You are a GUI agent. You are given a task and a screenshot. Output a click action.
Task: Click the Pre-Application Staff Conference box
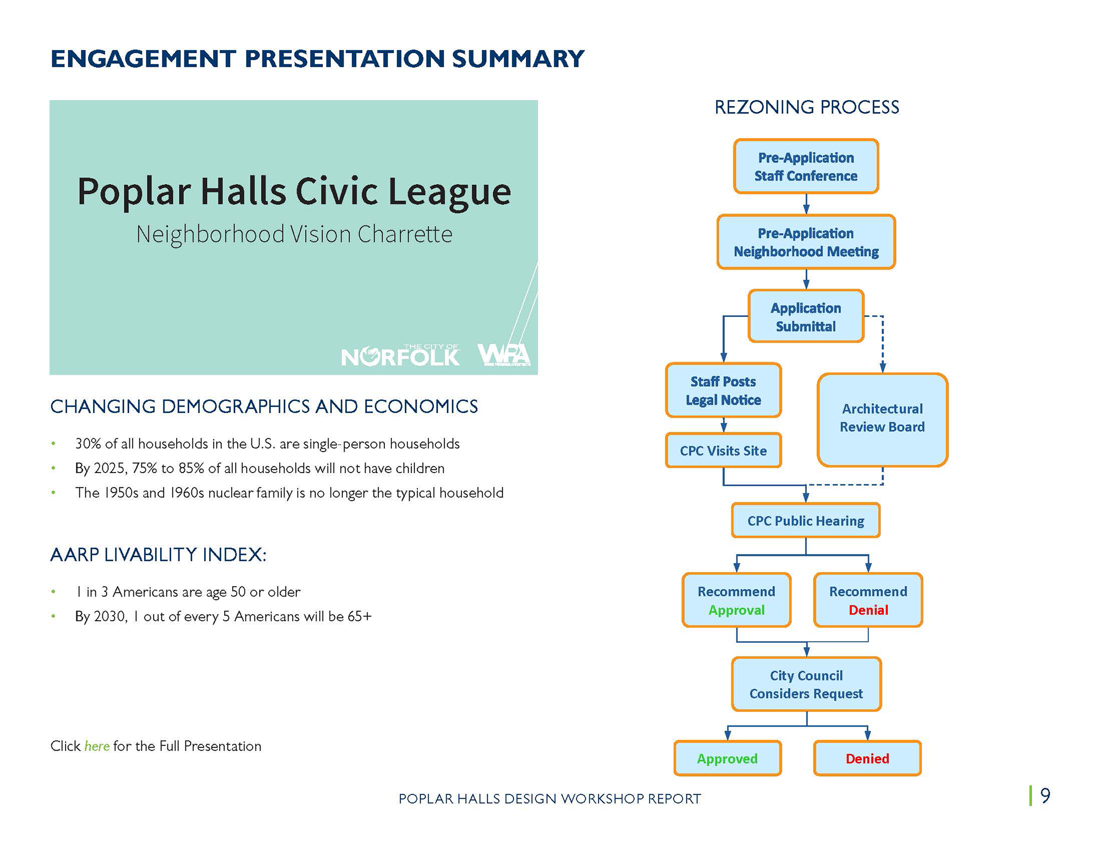point(805,166)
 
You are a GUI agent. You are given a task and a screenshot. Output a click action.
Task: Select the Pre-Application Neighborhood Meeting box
point(805,242)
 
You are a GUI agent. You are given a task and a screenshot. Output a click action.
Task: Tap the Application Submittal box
point(805,317)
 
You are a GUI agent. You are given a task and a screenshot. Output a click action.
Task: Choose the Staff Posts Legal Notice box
point(723,390)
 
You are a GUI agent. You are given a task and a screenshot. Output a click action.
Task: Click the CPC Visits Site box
point(723,451)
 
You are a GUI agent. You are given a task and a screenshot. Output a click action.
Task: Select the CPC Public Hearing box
point(805,521)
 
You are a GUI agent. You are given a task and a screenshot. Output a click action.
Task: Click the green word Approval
point(737,610)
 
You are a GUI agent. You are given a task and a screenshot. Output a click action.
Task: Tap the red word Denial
point(868,610)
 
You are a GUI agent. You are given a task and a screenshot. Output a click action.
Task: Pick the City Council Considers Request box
point(806,684)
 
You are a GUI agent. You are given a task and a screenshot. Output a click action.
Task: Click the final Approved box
point(727,758)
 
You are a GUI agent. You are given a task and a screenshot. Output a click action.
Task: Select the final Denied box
point(867,758)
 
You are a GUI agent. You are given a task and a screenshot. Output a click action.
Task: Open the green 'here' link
point(97,746)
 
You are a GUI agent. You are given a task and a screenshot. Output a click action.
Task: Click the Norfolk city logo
point(400,356)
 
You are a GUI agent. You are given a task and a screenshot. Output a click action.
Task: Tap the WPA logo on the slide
point(504,355)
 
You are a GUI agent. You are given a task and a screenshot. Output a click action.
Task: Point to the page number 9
point(1045,795)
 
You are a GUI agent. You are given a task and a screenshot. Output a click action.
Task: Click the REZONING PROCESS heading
point(806,107)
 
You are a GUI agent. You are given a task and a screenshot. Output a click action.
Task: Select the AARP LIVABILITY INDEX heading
point(159,555)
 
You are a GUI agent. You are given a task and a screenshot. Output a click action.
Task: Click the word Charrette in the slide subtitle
point(405,234)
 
